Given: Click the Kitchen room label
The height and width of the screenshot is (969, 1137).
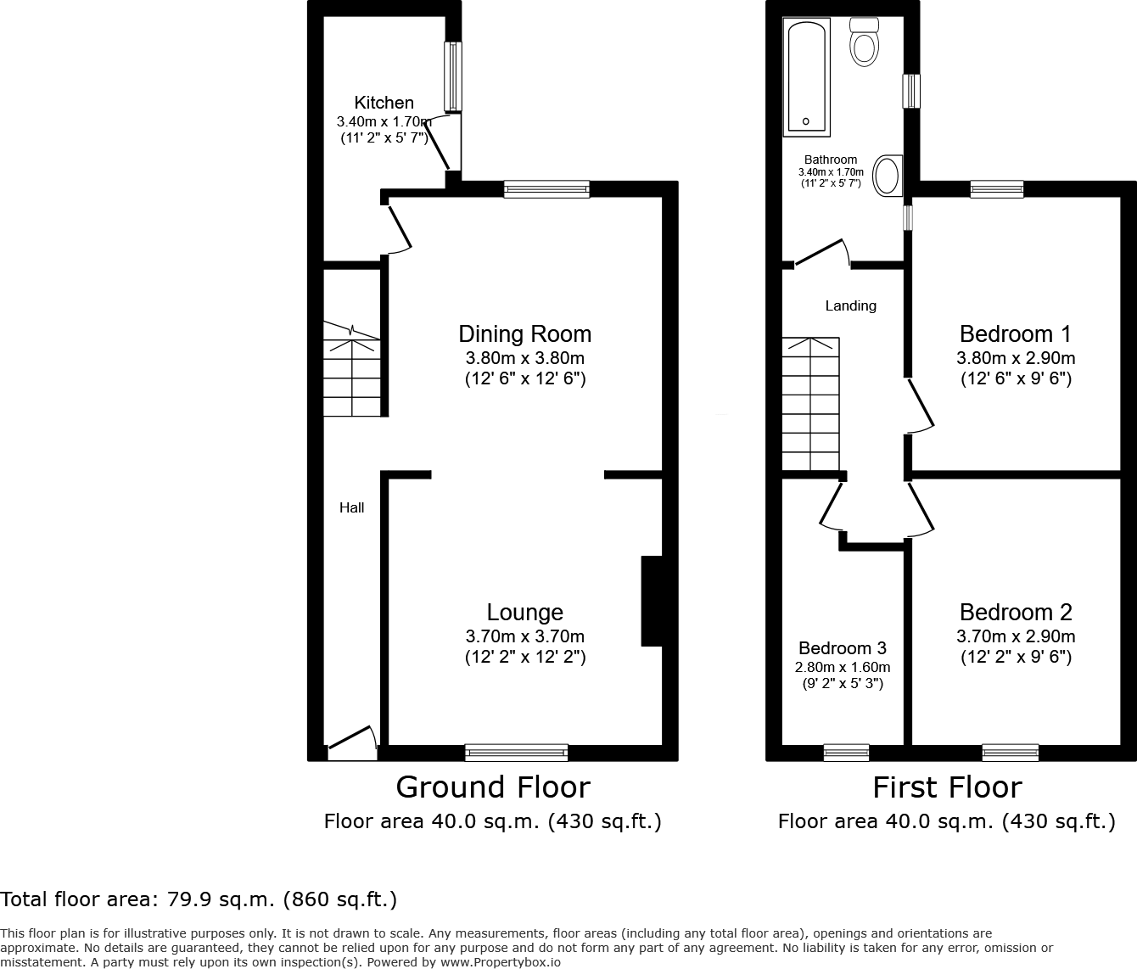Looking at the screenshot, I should pos(384,103).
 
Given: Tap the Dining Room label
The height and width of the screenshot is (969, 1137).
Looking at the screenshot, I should pos(524,333).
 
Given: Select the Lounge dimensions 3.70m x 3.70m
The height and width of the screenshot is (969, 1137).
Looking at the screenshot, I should pos(524,636).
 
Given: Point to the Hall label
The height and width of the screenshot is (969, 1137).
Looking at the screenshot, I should pos(351,507).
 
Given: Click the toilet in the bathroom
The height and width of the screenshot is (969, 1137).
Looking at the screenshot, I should pos(864,42).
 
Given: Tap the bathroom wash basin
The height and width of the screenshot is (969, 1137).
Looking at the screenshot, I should pos(888,176).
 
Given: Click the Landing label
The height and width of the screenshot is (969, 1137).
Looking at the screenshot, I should pos(850,305).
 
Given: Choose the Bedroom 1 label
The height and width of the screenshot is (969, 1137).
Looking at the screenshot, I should pos(1016,333).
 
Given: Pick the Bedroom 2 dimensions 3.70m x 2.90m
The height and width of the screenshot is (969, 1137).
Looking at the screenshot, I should pos(1016,636).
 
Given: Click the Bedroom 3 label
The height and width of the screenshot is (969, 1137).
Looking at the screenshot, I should pos(842,648).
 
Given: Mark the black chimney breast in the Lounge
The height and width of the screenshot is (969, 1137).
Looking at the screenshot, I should pos(651,601).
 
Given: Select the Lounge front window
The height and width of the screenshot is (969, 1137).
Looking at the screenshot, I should pos(516,752).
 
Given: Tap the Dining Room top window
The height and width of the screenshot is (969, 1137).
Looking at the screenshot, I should pos(546,189).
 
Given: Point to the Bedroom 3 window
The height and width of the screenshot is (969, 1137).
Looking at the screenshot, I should pos(846,752).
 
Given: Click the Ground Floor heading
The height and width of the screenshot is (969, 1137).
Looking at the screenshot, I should pos(492,787).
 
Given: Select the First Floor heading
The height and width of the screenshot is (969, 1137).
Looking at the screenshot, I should pos(947,787).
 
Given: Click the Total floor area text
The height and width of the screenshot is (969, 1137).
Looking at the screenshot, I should pos(199,899).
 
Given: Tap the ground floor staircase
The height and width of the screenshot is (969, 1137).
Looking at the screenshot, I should pos(351,369).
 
